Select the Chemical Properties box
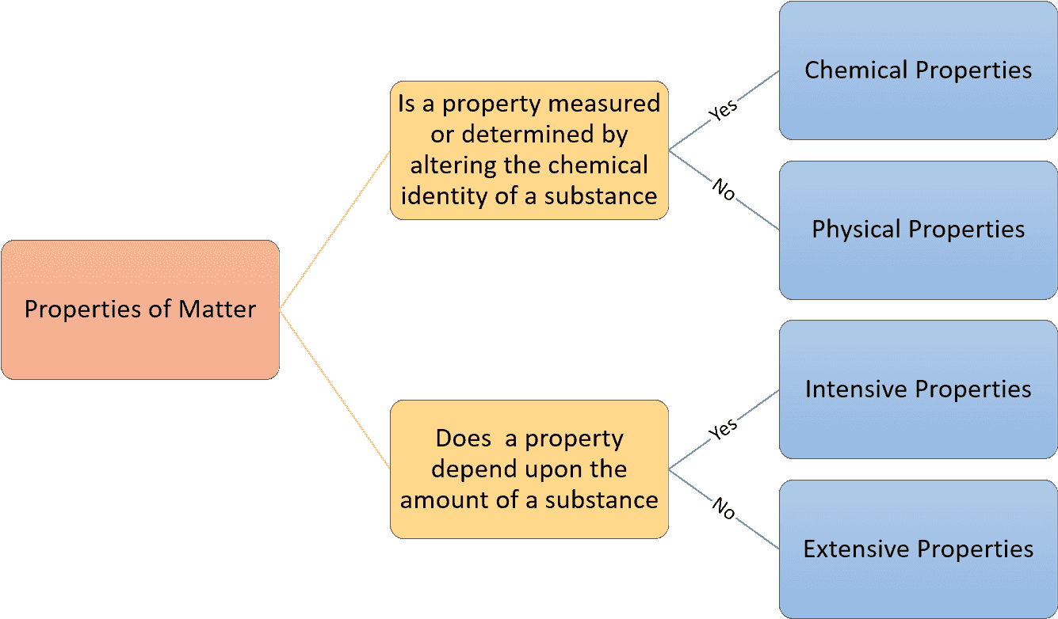918,70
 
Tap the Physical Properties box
918,230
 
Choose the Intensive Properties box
918,389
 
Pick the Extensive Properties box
918,549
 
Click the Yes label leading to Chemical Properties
723,110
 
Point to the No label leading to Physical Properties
724,190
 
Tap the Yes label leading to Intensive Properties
723,429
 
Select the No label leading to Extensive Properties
724,508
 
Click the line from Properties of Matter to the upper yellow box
334,230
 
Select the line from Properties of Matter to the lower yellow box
334,389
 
